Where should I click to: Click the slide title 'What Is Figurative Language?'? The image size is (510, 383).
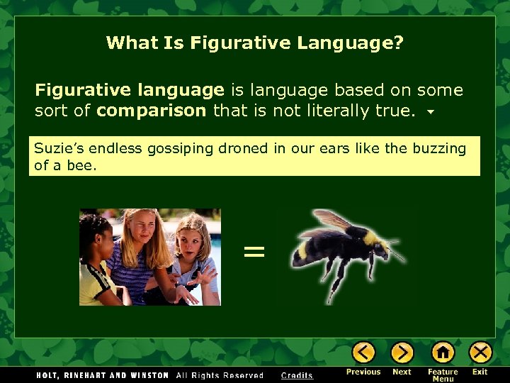254,43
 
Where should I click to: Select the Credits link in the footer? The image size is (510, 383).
297,375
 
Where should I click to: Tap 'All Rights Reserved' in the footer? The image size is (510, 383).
220,375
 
